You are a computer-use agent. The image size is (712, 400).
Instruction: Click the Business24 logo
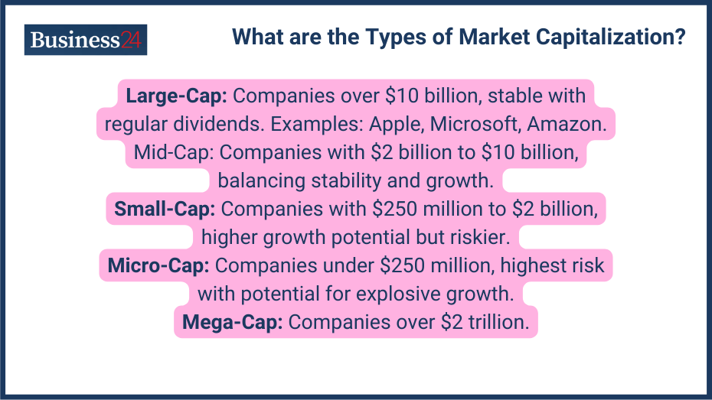coord(85,40)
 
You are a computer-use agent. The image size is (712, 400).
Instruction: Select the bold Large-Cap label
coord(176,96)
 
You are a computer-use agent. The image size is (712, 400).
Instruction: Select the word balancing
coord(260,180)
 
